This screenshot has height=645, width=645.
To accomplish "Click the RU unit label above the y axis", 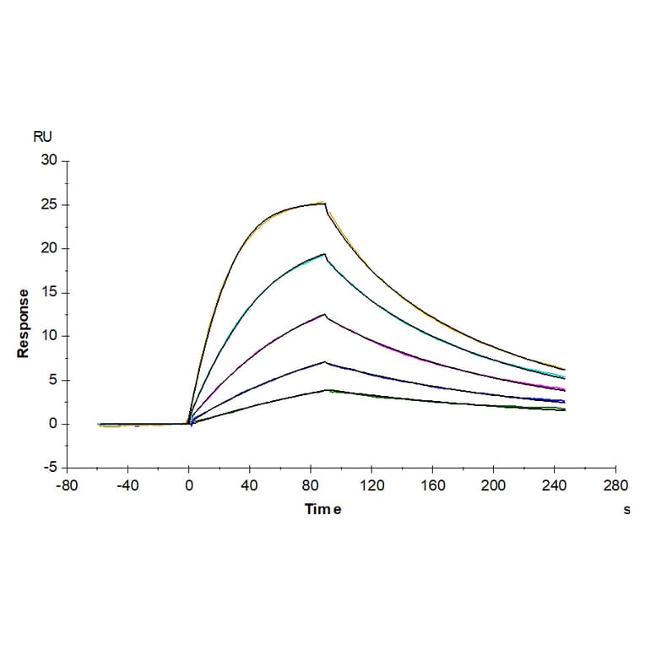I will point(42,136).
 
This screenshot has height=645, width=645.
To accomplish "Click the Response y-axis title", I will point(24,323).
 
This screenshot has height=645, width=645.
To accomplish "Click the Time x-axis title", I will point(323,510).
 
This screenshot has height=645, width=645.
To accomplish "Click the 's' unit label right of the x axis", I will point(626,510).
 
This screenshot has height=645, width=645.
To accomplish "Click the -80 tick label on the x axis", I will point(67,485).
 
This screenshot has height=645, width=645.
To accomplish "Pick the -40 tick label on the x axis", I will point(127,485).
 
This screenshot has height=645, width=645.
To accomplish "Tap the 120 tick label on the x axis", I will point(371,485).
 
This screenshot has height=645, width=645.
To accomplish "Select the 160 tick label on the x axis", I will point(432,485).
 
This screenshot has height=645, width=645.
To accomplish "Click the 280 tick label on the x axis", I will point(615,485).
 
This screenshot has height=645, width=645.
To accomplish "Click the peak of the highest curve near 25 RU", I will point(324,203).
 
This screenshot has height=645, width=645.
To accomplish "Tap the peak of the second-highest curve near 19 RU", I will point(324,253).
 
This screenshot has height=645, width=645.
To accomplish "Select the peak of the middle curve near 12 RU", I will point(324,314).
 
